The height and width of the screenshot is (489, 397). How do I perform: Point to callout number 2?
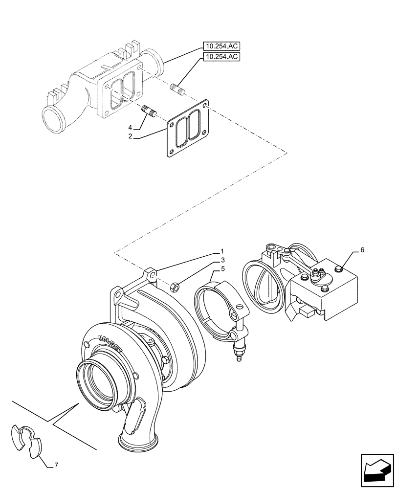131,137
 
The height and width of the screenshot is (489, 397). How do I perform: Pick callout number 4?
131,128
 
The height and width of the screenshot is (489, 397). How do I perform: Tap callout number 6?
362,250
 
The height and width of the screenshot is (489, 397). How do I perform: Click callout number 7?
56,465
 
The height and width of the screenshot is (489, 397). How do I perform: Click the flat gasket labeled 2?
188,129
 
